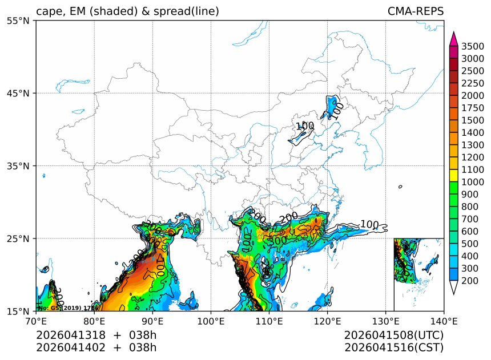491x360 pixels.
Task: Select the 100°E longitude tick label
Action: click(x=211, y=321)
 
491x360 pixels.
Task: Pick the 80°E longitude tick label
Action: click(x=94, y=321)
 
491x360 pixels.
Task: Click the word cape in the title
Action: click(x=48, y=12)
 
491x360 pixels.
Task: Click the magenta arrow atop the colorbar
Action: click(x=454, y=39)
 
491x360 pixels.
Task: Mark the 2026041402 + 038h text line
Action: click(x=96, y=347)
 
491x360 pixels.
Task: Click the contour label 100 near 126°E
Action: click(x=369, y=225)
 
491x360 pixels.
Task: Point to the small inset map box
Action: click(x=418, y=274)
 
